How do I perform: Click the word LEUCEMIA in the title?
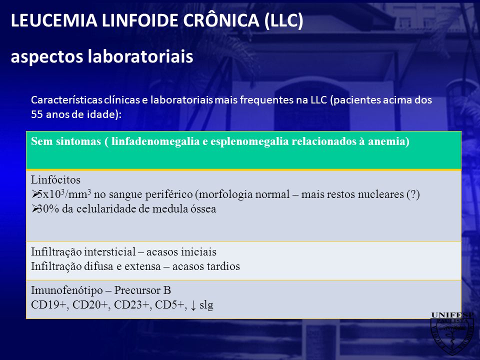point(54,20)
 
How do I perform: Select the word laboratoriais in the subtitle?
point(140,56)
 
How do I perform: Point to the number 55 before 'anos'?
point(37,114)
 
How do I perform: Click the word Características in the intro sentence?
point(66,100)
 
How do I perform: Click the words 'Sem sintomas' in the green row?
point(66,141)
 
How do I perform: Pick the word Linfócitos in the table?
point(55,179)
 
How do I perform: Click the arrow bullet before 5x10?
point(34,194)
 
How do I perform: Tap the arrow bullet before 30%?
point(34,208)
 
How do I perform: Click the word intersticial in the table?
point(109,252)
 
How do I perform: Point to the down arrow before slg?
point(193,305)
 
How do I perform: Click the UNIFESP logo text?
point(452,315)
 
